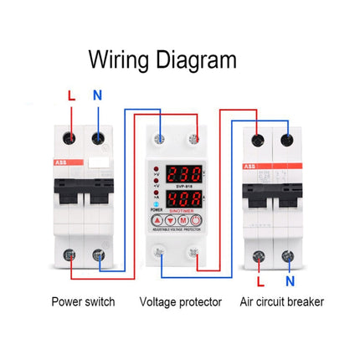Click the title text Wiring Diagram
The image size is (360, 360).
[x=162, y=60]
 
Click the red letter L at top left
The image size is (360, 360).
[x=71, y=95]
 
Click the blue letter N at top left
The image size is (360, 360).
[x=97, y=95]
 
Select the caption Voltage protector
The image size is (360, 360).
[x=180, y=301]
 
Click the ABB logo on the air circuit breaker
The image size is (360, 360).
[x=250, y=167]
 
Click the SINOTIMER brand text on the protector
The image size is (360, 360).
[x=183, y=211]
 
